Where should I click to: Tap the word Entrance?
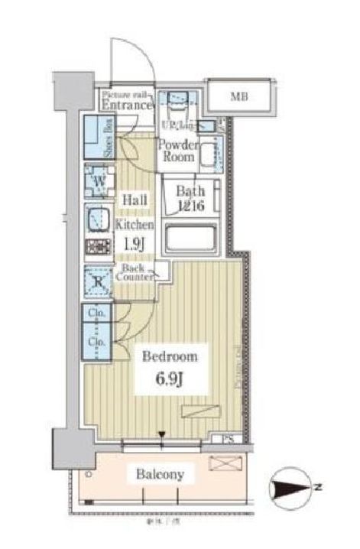pyautogui.click(x=127, y=105)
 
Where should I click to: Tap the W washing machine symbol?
pyautogui.click(x=99, y=182)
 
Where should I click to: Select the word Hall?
pyautogui.click(x=135, y=200)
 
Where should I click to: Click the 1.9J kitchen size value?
pyautogui.click(x=135, y=246)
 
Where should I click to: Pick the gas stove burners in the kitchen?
pyautogui.click(x=98, y=248)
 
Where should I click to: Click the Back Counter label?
pyautogui.click(x=135, y=273)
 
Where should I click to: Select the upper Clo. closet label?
pyautogui.click(x=96, y=313)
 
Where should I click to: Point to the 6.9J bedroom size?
pyautogui.click(x=171, y=379)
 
